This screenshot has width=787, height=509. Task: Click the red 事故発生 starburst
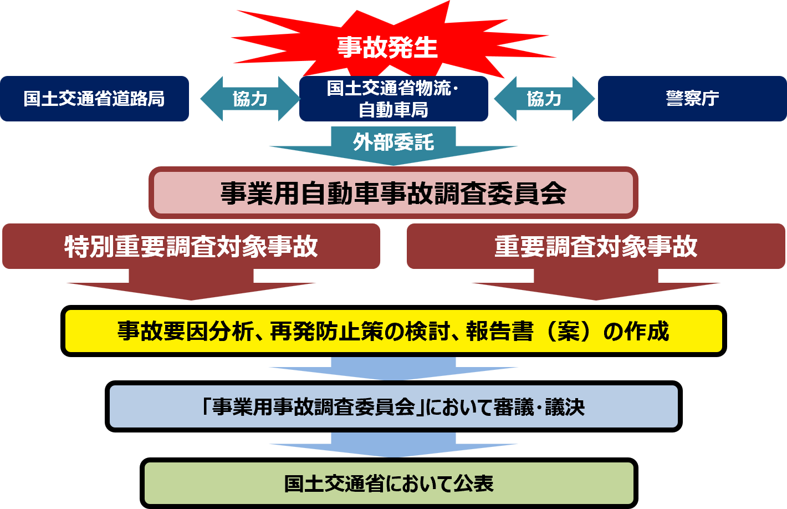388,47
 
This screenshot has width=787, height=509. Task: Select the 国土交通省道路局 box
94,99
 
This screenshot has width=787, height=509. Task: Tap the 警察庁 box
692,99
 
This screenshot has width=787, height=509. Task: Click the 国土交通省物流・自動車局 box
393,99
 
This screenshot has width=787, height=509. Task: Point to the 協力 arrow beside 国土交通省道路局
249,99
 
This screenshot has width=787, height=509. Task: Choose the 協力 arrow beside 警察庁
544,99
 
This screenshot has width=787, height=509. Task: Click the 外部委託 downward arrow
393,144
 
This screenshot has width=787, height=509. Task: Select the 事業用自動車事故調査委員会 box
393,193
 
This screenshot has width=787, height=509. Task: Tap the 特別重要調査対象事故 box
191,246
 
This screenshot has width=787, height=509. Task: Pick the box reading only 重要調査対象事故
596,246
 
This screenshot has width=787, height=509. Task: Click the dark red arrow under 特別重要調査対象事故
191,285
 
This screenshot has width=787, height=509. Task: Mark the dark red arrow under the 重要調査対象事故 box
596,285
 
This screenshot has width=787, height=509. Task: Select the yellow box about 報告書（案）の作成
393,331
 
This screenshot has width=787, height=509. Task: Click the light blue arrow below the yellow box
393,368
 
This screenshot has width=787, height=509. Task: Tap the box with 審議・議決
393,406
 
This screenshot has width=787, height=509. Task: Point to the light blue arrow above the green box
393,445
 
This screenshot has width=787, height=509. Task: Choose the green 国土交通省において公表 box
389,483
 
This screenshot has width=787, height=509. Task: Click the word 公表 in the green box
473,483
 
